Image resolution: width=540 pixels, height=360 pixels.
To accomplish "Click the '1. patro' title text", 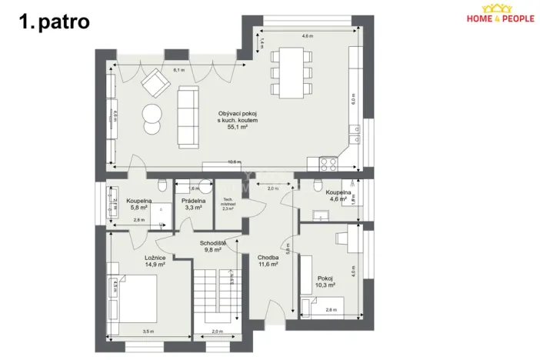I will [55, 21].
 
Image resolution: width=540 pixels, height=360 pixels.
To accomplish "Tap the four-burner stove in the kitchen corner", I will [327, 163].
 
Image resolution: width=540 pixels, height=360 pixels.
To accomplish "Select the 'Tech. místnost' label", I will [228, 205].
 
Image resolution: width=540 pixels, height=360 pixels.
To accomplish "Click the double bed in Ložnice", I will [138, 297].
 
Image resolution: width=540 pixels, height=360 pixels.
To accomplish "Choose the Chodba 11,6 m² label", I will [268, 260].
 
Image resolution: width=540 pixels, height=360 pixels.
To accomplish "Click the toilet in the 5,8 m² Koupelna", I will [162, 185].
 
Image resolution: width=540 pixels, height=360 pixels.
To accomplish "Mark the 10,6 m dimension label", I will [234, 162].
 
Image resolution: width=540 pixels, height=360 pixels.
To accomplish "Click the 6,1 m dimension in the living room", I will [178, 70].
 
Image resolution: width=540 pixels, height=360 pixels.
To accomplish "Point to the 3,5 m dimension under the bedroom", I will [148, 331].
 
